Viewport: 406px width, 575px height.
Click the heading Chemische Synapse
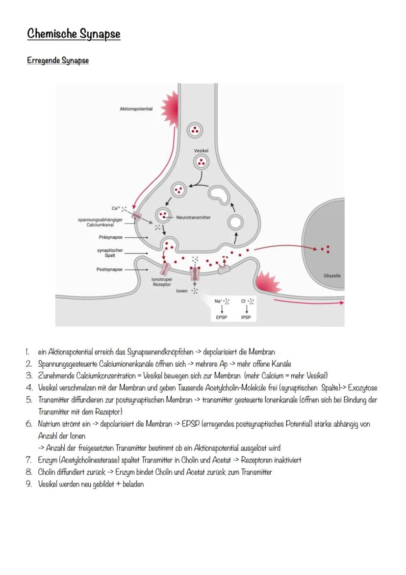tap(74, 34)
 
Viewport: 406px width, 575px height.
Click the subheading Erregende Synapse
tap(58, 61)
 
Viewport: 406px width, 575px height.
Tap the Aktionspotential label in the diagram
tap(136, 109)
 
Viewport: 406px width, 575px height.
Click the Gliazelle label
tap(332, 275)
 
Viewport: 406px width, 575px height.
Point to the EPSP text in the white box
tap(222, 317)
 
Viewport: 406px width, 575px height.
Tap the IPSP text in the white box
tap(246, 317)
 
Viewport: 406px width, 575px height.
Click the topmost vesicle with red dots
tap(196, 131)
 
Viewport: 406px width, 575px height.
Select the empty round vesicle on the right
tap(235, 222)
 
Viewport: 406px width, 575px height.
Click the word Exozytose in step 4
tap(362, 388)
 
